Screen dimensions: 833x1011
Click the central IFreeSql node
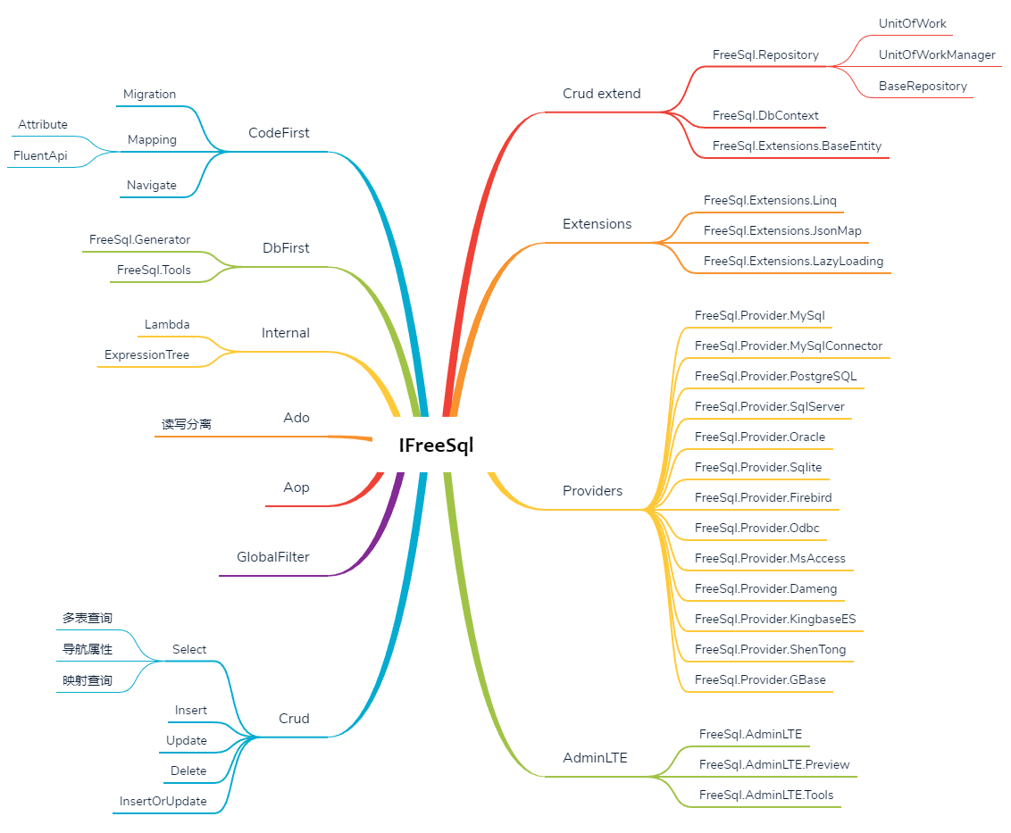pos(436,445)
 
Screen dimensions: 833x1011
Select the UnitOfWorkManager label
pos(936,54)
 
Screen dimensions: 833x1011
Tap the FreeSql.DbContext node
pos(765,115)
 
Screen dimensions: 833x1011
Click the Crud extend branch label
pos(601,94)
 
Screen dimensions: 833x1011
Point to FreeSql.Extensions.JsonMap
pos(782,230)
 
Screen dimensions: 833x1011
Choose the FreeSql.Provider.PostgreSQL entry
pos(775,376)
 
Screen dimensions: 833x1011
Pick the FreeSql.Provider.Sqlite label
pos(757,467)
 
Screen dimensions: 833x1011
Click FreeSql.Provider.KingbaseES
pos(775,619)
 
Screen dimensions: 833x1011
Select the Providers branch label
pos(592,491)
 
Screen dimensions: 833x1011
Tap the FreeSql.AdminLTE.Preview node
pos(774,764)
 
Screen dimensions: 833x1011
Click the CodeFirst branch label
pos(279,133)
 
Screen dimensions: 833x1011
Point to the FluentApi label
pos(40,155)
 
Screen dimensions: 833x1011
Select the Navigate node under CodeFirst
pos(151,185)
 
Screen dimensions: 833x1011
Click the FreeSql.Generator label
pos(139,239)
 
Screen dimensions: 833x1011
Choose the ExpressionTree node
pos(146,354)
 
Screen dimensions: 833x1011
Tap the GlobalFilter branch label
pos(272,557)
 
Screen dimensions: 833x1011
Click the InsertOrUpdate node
pos(163,801)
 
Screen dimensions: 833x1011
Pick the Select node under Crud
pos(189,649)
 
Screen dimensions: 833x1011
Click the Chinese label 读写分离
pos(186,424)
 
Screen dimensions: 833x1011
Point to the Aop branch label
pos(297,487)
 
